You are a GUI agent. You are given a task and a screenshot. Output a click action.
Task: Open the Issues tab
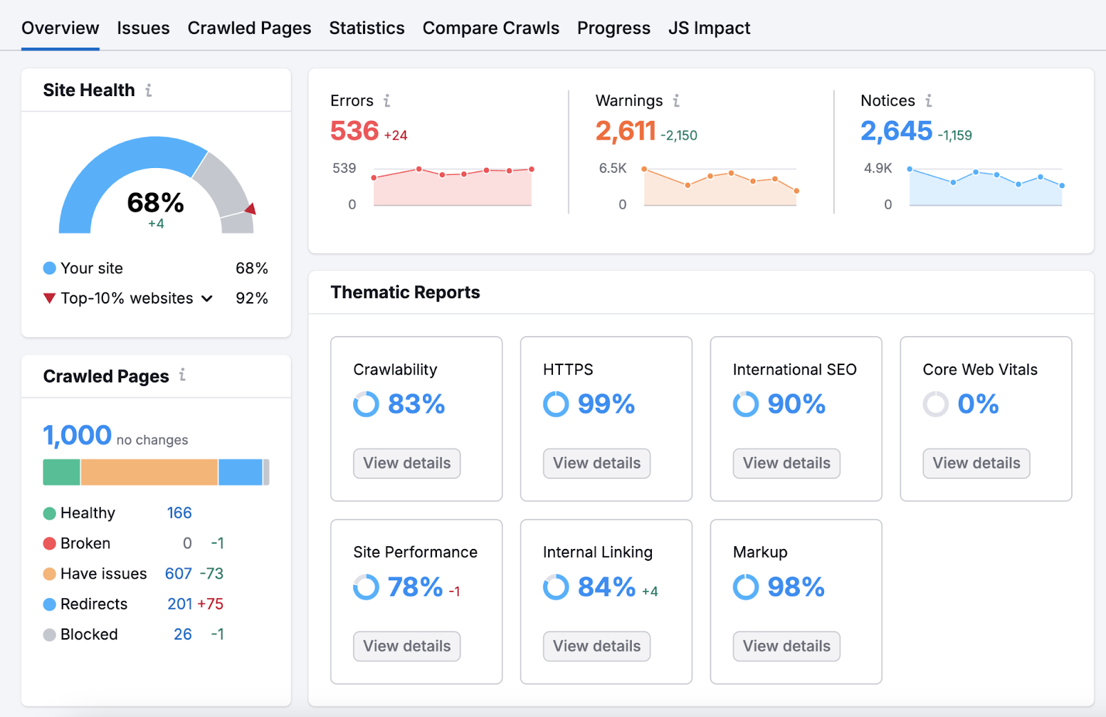pos(143,28)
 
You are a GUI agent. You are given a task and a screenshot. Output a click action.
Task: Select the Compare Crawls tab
pos(491,28)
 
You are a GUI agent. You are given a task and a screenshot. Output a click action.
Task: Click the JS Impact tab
pos(709,28)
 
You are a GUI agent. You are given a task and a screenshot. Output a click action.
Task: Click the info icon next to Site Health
pos(149,91)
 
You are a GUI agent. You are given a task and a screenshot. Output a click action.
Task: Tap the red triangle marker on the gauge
pos(251,209)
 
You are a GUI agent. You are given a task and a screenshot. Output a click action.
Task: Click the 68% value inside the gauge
pos(156,203)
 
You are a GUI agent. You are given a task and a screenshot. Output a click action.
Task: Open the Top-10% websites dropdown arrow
pos(207,299)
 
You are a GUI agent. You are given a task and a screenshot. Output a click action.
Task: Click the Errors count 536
pos(355,131)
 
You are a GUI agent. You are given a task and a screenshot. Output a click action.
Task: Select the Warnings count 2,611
pos(626,131)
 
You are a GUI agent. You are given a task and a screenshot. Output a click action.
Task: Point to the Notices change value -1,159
pos(955,136)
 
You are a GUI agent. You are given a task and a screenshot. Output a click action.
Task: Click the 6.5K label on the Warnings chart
pos(612,168)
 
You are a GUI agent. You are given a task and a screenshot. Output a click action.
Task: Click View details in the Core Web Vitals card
pos(976,463)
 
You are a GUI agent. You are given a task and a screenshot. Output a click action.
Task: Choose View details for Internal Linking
pos(597,646)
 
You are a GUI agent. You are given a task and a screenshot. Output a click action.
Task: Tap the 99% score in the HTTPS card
pos(606,404)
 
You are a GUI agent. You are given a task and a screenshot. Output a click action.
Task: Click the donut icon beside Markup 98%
pos(746,587)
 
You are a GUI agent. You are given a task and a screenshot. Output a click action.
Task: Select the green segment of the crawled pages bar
pos(62,472)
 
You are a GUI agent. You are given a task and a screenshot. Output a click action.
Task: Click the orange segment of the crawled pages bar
pos(149,472)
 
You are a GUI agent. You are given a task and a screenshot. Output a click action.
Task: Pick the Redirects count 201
pos(180,604)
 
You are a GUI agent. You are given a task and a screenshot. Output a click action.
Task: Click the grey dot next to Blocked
pos(49,635)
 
